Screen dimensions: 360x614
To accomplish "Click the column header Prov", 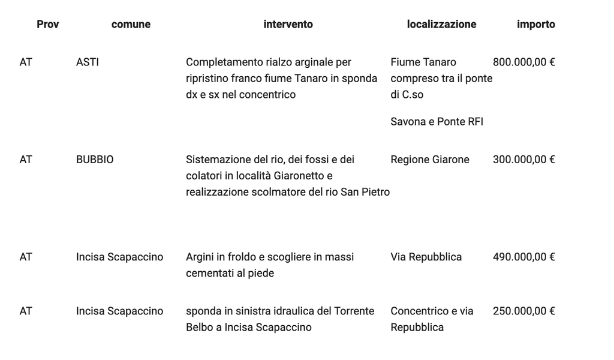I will [x=47, y=25].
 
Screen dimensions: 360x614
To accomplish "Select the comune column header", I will [x=131, y=25].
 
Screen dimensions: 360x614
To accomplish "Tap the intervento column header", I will [x=288, y=25].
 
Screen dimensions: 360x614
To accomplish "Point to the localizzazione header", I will [x=441, y=25].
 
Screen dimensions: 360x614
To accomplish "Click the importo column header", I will [x=536, y=25].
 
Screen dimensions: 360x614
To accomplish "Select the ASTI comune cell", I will [x=88, y=62].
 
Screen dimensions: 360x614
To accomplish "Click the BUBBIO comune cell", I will [x=95, y=160].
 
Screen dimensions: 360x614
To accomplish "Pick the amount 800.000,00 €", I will [x=523, y=62].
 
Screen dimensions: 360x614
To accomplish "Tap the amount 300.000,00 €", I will [x=523, y=160].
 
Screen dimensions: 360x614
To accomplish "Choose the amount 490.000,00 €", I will [x=523, y=257].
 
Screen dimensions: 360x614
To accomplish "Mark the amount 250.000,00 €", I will [x=523, y=311].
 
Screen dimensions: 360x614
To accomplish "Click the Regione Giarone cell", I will [x=430, y=160].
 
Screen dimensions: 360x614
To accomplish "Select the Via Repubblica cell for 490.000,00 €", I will [x=426, y=257].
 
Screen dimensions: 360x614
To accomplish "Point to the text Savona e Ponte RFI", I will [x=437, y=122].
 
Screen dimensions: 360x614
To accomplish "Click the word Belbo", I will [x=199, y=327].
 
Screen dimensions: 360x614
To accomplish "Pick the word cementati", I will [x=209, y=273].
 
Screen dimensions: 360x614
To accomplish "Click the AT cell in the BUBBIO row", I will [x=26, y=160].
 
